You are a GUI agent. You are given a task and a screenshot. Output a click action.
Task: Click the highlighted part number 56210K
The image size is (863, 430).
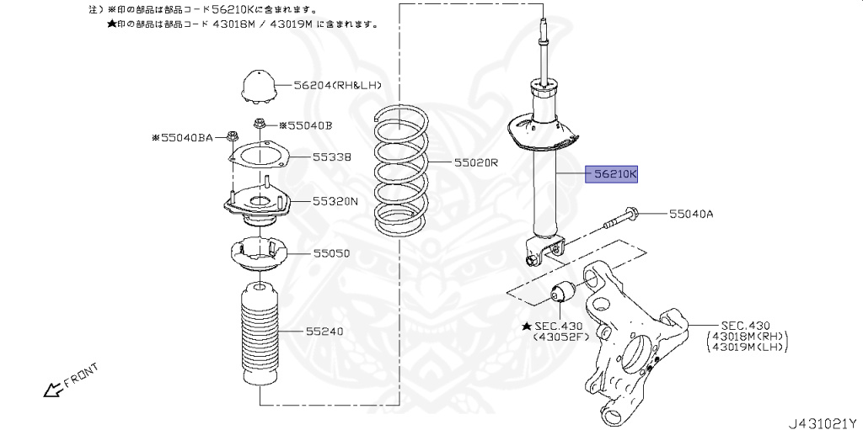click(x=614, y=174)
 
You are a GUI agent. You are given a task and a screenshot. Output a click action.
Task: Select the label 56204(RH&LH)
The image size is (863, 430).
click(x=337, y=85)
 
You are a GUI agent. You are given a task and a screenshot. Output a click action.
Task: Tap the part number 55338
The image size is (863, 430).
click(x=331, y=157)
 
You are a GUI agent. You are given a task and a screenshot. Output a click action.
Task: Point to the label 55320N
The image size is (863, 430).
click(x=335, y=201)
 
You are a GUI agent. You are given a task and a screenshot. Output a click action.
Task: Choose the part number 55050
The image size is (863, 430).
click(x=331, y=252)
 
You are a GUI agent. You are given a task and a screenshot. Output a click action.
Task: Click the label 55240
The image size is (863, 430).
click(x=325, y=332)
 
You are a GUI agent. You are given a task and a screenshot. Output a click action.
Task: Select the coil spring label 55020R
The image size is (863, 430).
click(x=476, y=162)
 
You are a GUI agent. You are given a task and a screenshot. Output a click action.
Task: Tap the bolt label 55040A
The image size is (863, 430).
click(x=691, y=214)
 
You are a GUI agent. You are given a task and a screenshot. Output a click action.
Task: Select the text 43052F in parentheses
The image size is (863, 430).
click(x=557, y=337)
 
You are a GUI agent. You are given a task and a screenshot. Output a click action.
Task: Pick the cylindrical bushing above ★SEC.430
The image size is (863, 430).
click(x=561, y=294)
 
